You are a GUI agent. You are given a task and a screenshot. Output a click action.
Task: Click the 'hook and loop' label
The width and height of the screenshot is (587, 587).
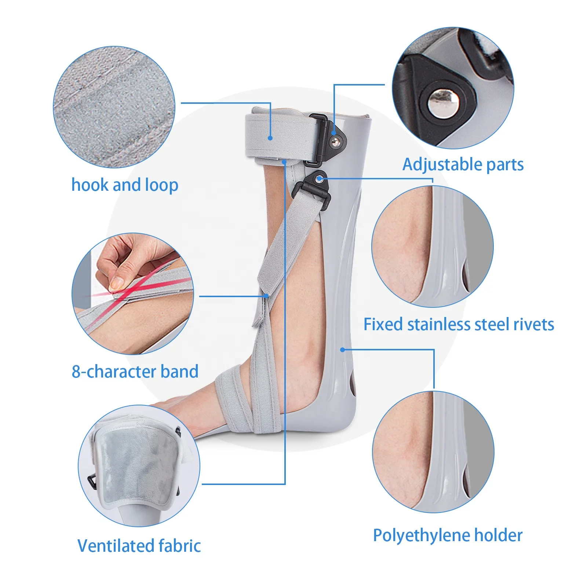[x=125, y=185]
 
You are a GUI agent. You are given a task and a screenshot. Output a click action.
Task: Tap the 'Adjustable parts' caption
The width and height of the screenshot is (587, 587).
[x=463, y=165]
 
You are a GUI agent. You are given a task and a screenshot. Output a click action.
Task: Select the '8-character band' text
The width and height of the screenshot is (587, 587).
[x=135, y=372]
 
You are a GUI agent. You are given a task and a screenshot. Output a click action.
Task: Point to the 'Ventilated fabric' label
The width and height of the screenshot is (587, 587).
[x=139, y=546]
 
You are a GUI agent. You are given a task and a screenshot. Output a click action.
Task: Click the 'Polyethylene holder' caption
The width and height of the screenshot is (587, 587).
[x=448, y=536]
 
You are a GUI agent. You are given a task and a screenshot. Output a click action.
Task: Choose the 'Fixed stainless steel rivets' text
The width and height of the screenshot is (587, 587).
[x=459, y=325]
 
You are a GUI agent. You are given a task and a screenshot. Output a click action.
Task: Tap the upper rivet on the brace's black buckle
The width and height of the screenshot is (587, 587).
[x=336, y=141]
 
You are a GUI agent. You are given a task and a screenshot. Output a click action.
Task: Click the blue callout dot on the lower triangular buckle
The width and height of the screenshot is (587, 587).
[x=320, y=179]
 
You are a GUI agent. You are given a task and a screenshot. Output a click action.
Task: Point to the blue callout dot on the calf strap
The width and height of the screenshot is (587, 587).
[x=270, y=138]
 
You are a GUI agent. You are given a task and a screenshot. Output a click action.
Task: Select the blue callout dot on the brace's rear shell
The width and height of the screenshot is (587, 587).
[x=342, y=350]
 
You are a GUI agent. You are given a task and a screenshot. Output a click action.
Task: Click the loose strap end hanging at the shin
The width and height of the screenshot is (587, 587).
[x=259, y=312]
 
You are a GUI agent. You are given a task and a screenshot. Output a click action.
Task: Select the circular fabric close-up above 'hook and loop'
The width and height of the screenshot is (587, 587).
[x=114, y=107]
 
